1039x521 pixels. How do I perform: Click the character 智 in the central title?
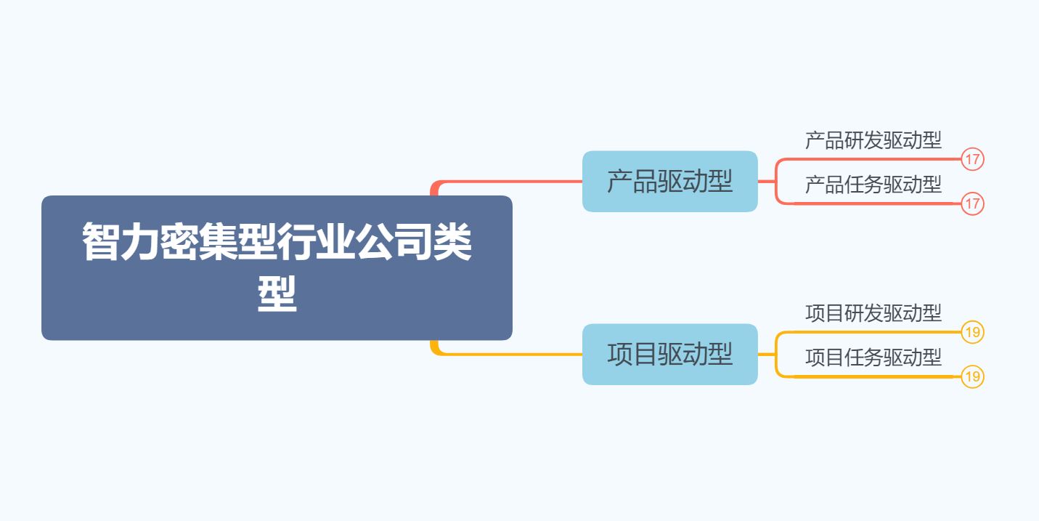pos(101,243)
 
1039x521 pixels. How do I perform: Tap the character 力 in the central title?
pos(140,243)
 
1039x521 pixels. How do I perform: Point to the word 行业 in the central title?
pos(316,243)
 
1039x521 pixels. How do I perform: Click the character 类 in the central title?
pos(453,243)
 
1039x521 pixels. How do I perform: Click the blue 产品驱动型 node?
pos(669,182)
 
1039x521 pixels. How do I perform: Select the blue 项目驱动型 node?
pos(669,355)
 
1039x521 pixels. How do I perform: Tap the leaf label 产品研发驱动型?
pos(873,140)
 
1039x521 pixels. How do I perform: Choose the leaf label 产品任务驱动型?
pos(873,185)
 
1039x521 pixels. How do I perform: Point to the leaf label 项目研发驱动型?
pos(873,313)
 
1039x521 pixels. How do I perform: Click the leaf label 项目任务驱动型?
pos(873,358)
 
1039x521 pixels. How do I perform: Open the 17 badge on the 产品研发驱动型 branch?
pos(972,159)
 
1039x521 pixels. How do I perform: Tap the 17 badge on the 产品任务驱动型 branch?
pos(972,204)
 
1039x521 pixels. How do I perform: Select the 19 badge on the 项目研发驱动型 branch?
pos(972,333)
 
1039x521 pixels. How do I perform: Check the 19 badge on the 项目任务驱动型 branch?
pos(972,377)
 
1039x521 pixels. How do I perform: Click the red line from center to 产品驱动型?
pos(508,181)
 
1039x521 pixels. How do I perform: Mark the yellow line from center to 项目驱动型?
pos(508,354)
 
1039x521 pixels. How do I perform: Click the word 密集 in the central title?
pos(198,243)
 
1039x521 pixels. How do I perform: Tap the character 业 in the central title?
pos(335,243)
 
